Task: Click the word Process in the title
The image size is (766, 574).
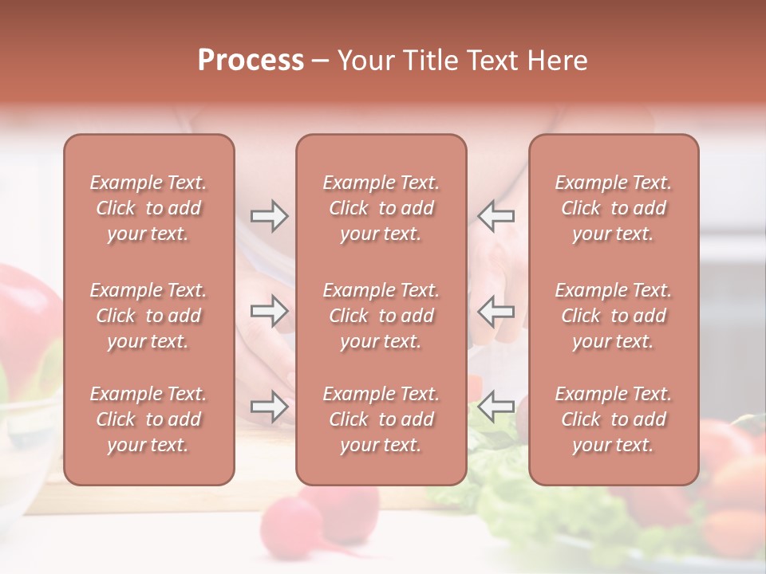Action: [x=251, y=61]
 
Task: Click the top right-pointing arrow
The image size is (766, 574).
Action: [x=269, y=216]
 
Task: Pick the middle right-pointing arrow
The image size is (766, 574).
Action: [x=269, y=311]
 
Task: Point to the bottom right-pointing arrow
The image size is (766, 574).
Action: [x=269, y=407]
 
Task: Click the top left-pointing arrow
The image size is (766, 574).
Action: [x=496, y=216]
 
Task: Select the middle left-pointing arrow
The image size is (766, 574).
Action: [x=496, y=311]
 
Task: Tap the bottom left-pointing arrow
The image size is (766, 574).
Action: [x=496, y=407]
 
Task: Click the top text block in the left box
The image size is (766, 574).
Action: [x=148, y=208]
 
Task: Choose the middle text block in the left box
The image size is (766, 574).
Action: [x=148, y=316]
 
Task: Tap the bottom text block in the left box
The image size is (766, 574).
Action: [x=148, y=419]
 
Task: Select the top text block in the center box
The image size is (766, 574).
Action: [x=381, y=208]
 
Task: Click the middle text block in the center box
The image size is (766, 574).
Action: [x=381, y=316]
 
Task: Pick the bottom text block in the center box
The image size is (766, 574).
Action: [x=381, y=419]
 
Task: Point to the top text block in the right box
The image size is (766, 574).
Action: [x=613, y=208]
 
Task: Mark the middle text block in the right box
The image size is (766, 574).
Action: [x=613, y=316]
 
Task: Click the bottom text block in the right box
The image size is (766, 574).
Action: [x=613, y=419]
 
